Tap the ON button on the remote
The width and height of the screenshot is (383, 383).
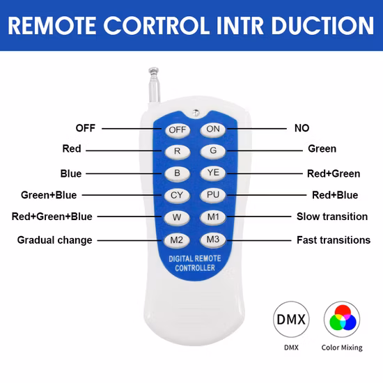213,130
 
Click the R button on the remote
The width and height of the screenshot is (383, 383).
178,151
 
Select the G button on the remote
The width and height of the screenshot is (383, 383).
213,150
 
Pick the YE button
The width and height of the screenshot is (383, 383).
213,173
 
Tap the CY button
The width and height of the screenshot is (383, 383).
177,196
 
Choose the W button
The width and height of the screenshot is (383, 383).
177,217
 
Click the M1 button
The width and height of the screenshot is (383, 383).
213,217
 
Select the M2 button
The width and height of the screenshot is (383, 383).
176,240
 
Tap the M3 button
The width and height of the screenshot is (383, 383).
213,240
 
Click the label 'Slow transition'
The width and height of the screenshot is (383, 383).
332,217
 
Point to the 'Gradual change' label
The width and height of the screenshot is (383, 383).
55,240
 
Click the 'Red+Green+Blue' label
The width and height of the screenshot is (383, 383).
52,217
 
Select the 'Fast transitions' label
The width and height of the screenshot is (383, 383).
334,240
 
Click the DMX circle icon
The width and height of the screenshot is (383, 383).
291,319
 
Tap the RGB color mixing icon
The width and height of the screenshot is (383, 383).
342,319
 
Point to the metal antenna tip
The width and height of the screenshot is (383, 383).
154,70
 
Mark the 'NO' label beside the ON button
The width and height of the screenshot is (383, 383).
302,128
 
